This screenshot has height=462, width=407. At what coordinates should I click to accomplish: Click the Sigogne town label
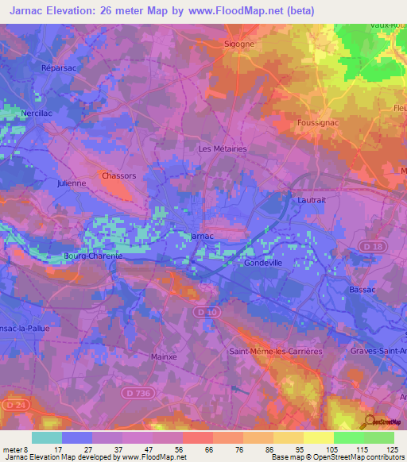(239, 44)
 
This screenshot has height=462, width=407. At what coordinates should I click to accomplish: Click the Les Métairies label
(222, 148)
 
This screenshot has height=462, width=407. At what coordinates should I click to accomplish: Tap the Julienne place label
(72, 183)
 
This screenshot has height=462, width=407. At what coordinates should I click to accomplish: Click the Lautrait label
(312, 202)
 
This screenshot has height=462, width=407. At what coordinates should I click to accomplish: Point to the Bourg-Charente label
(92, 256)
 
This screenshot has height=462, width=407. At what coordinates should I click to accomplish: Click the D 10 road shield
(210, 313)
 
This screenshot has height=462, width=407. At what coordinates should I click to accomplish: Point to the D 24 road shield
(11, 405)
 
